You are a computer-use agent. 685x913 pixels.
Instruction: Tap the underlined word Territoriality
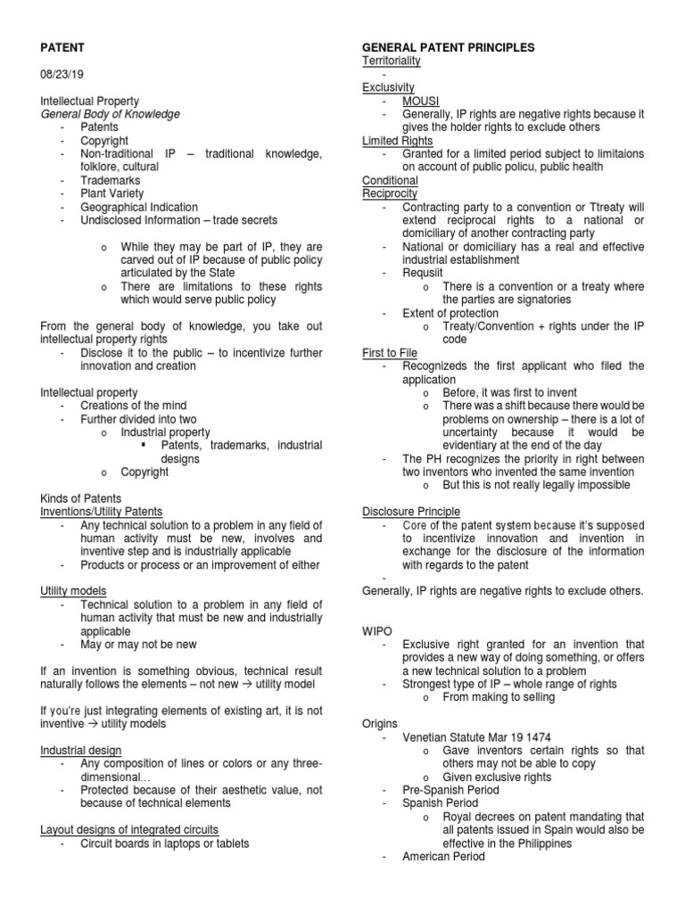point(391,61)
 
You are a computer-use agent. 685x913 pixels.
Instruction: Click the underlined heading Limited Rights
point(397,141)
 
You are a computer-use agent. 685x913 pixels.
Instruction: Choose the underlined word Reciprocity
point(390,193)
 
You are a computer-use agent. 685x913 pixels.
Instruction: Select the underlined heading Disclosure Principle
point(411,512)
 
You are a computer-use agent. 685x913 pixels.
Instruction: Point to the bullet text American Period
point(443,857)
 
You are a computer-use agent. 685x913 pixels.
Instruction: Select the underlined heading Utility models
point(74,591)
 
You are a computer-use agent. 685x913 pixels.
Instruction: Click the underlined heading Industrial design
point(81,751)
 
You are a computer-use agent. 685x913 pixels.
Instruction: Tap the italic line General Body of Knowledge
point(111,114)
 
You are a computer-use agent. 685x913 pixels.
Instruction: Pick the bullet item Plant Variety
point(111,193)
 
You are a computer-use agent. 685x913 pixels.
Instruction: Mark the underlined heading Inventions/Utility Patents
point(102,511)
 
